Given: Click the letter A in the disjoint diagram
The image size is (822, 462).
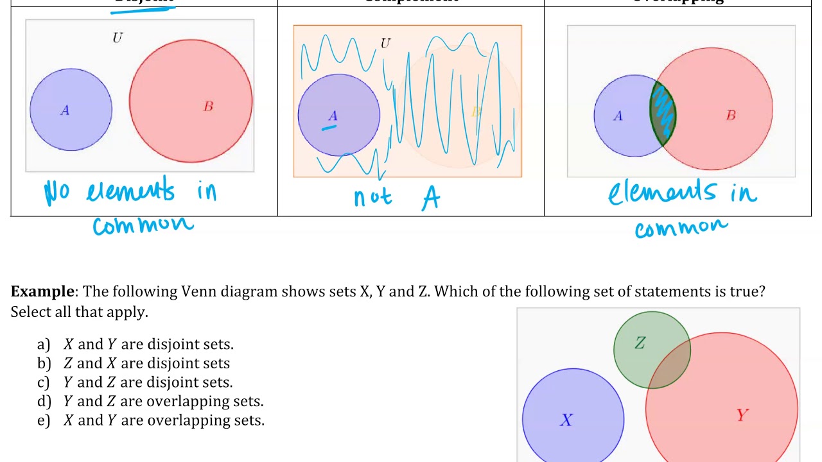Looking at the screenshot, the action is click(65, 111).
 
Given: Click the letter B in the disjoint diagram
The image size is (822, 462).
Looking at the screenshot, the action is click(208, 107).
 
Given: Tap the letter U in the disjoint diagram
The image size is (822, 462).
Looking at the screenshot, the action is click(117, 38).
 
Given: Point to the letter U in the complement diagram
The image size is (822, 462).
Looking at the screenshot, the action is click(385, 43).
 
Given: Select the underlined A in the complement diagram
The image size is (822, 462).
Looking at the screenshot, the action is click(333, 116).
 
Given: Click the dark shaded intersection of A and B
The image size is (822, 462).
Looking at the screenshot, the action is click(663, 114).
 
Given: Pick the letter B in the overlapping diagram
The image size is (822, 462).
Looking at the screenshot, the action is click(731, 116).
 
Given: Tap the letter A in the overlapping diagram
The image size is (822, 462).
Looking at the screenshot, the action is click(618, 116).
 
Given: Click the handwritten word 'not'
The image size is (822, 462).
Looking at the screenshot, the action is click(372, 197).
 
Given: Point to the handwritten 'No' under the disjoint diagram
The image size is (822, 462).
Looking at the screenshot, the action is click(57, 192).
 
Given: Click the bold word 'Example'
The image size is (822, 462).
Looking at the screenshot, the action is click(42, 291).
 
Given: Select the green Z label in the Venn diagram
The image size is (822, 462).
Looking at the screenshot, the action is click(640, 344).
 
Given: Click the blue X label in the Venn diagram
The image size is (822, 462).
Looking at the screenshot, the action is click(566, 420).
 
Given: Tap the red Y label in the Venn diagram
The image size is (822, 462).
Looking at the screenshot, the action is click(742, 416).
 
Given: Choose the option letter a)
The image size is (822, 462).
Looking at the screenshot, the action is click(44, 345).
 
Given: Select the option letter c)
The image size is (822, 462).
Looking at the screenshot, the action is click(44, 382).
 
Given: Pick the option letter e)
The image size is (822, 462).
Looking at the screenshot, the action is click(44, 420).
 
